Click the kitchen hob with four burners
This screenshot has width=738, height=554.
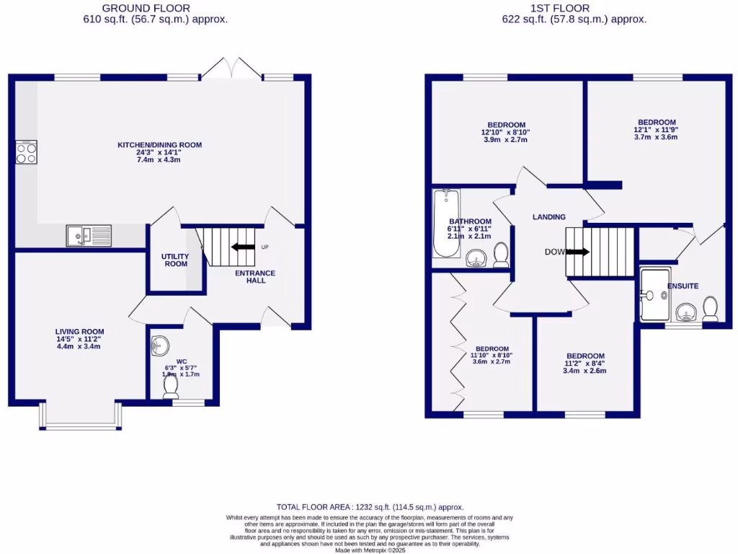click(x=27, y=153)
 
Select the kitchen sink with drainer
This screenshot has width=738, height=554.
click(x=89, y=236)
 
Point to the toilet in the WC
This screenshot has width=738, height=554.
click(x=171, y=387)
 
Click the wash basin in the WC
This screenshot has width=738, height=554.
click(x=159, y=347)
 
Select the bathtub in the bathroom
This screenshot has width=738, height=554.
click(x=445, y=224)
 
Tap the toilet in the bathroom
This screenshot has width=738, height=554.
click(x=502, y=254)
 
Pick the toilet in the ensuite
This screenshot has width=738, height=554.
click(x=710, y=309)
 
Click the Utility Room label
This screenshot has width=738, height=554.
click(x=174, y=260)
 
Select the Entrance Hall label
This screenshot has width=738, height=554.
click(x=256, y=276)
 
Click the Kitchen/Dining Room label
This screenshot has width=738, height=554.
click(x=160, y=145)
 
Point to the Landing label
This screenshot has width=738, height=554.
click(x=548, y=217)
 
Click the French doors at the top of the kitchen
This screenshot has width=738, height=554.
click(x=231, y=69)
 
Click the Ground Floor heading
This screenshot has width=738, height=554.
click(x=146, y=8)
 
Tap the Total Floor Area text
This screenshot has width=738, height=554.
click(x=370, y=507)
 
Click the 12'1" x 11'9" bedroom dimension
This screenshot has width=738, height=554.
click(x=657, y=130)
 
